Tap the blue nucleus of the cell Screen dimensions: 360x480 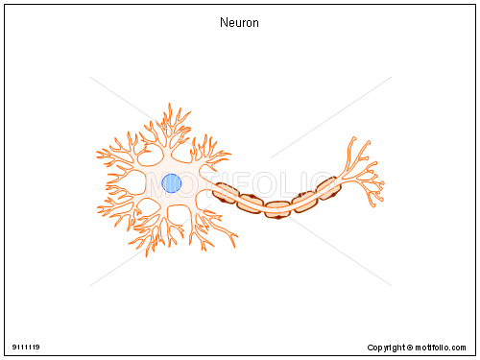(171, 182)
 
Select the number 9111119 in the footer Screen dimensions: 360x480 (26, 346)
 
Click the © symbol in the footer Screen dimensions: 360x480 (407, 346)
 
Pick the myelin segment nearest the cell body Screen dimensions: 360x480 (227, 192)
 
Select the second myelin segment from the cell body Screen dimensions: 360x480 (252, 202)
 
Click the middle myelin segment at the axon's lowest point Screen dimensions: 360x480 (278, 207)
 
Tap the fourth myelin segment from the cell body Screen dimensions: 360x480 (305, 200)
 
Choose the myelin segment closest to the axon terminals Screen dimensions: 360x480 (329, 187)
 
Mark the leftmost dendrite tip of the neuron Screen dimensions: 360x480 (98, 154)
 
